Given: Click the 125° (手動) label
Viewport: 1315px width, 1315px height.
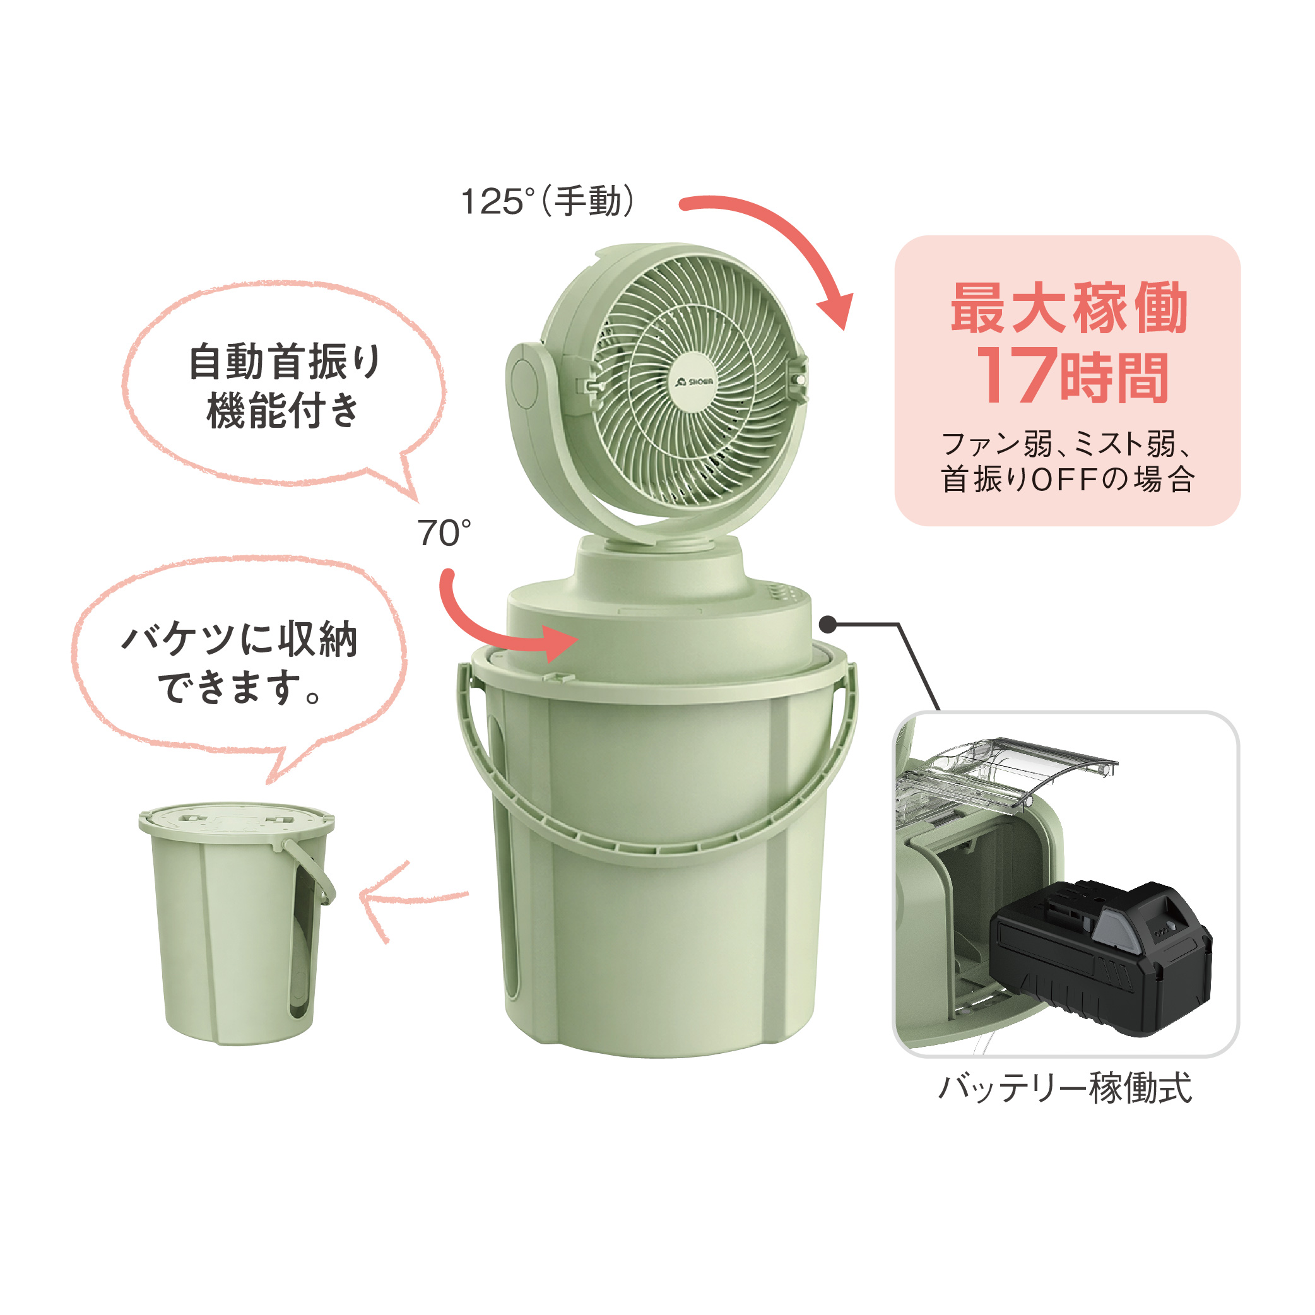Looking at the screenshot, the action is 548,201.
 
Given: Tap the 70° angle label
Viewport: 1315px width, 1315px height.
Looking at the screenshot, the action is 444,533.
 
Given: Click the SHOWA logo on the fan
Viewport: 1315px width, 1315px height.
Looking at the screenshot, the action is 694,382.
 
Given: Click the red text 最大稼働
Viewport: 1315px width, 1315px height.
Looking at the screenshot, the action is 1069,308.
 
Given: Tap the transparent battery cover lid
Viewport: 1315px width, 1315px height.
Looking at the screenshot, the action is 1007,773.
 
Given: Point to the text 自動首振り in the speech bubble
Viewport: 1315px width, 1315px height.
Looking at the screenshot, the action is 285,362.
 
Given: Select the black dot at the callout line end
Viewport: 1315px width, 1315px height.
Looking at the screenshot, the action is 828,623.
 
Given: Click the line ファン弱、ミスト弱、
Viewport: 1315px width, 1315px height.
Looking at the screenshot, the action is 1066,444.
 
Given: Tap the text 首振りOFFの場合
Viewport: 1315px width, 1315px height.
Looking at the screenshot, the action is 1067,478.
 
